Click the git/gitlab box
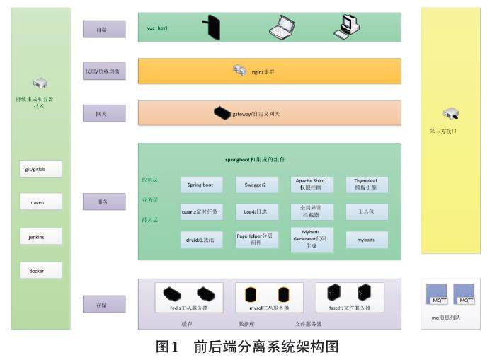[40, 169]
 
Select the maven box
[40, 202]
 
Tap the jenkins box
[40, 237]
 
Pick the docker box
[40, 270]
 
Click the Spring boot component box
[201, 185]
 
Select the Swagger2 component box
[256, 185]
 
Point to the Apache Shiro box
[312, 185]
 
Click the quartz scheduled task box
[201, 211]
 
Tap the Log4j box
[256, 211]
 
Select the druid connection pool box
[201, 240]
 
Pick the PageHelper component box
[256, 240]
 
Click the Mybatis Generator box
[312, 240]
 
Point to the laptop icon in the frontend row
[281, 27]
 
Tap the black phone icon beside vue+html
[210, 28]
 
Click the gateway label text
[256, 113]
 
